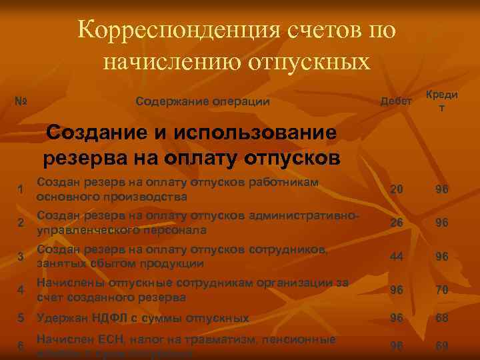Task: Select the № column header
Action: [21, 102]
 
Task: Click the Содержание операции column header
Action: [202, 102]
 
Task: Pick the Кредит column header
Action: [441, 101]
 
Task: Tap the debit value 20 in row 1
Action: [397, 189]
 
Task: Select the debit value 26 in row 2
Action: [397, 223]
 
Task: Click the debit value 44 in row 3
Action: [397, 256]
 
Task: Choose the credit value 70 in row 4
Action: [441, 289]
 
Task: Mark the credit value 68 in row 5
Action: [441, 319]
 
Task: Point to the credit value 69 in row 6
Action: [441, 346]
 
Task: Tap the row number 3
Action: [21, 257]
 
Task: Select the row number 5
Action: [21, 319]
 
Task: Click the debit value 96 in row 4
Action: [397, 289]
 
